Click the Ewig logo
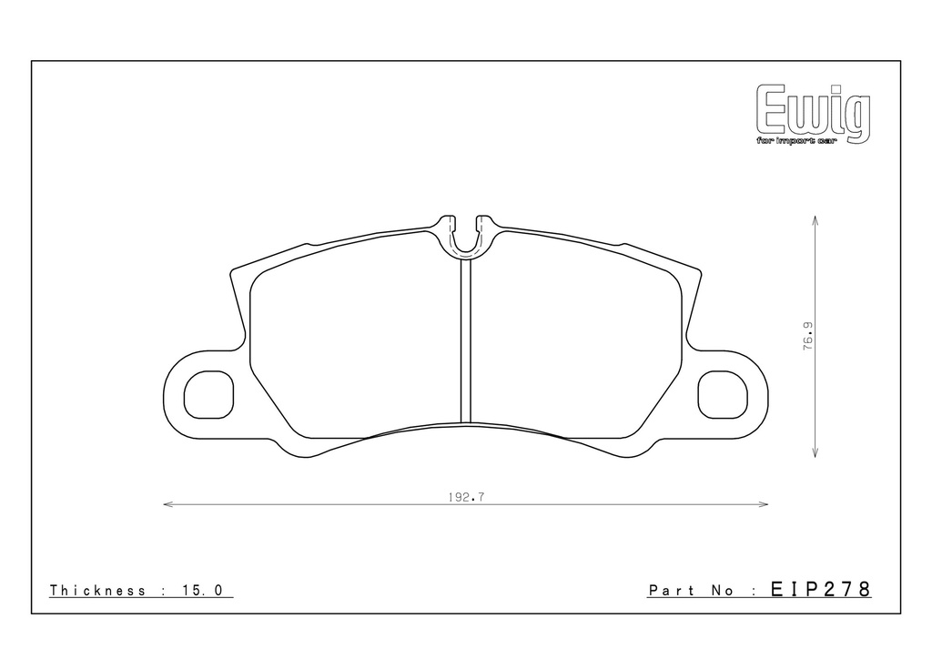(x=813, y=114)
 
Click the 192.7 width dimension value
(x=466, y=497)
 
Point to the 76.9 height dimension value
(x=808, y=337)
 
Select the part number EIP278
(x=820, y=589)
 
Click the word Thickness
(x=97, y=590)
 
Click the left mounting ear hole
(x=208, y=395)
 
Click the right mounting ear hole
(x=722, y=395)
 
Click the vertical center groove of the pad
(x=465, y=341)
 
